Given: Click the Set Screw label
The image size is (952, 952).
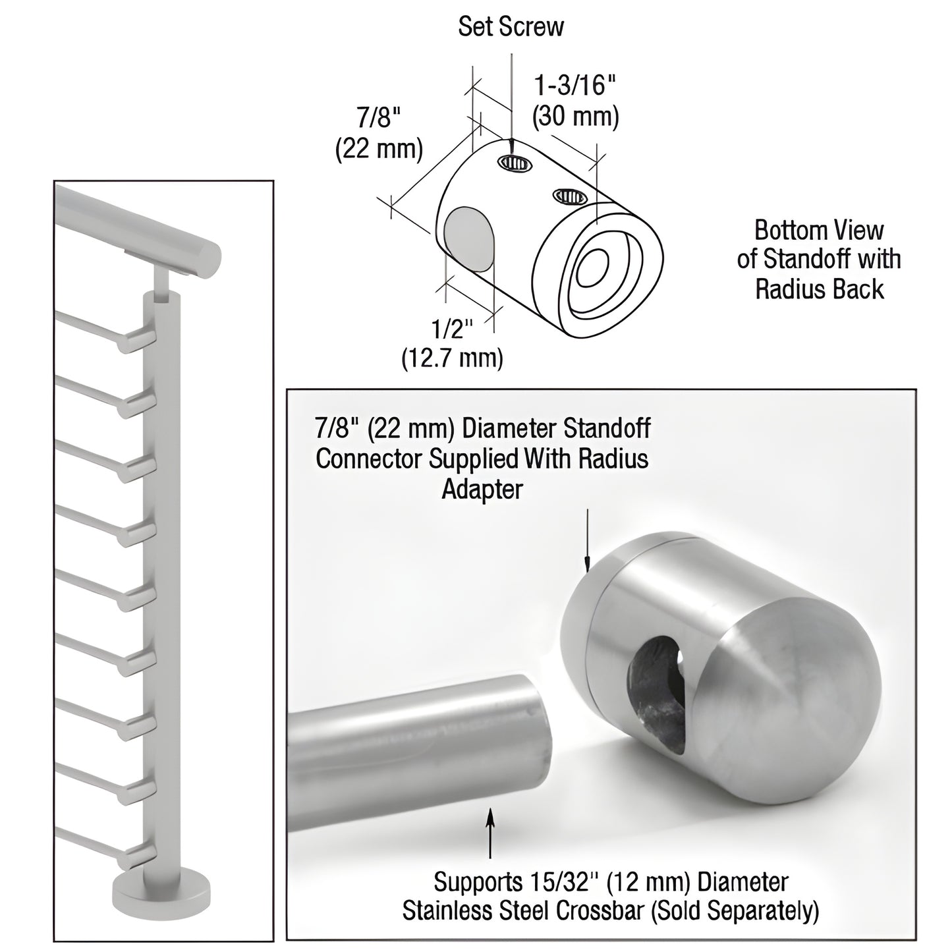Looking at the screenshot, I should (x=511, y=26).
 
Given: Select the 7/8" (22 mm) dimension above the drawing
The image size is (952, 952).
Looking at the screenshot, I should (x=379, y=134).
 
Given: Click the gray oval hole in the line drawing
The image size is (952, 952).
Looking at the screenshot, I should (x=468, y=240).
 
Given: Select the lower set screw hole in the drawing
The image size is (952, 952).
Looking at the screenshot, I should (x=569, y=196).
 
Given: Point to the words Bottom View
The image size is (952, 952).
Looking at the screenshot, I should (x=818, y=231).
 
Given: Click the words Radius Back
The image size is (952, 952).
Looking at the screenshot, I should (x=819, y=289).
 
